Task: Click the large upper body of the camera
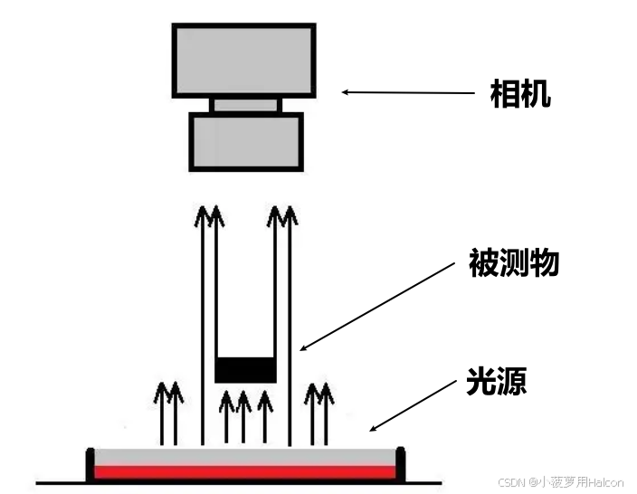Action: [x=243, y=60]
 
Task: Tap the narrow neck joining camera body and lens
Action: [x=245, y=105]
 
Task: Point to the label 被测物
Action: [x=514, y=263]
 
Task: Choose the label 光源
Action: [x=496, y=381]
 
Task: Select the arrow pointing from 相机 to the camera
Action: [x=407, y=91]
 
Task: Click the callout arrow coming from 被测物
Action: [x=376, y=305]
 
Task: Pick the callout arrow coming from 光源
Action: [x=412, y=404]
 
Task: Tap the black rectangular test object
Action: [x=245, y=369]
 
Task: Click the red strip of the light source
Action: [x=245, y=471]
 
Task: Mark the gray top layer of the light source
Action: [x=245, y=456]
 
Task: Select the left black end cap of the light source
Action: [x=90, y=463]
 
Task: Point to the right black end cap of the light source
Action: [x=400, y=463]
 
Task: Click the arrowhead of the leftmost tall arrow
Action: [x=203, y=215]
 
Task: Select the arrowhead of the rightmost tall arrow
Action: [x=290, y=215]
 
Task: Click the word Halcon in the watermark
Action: [x=604, y=482]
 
